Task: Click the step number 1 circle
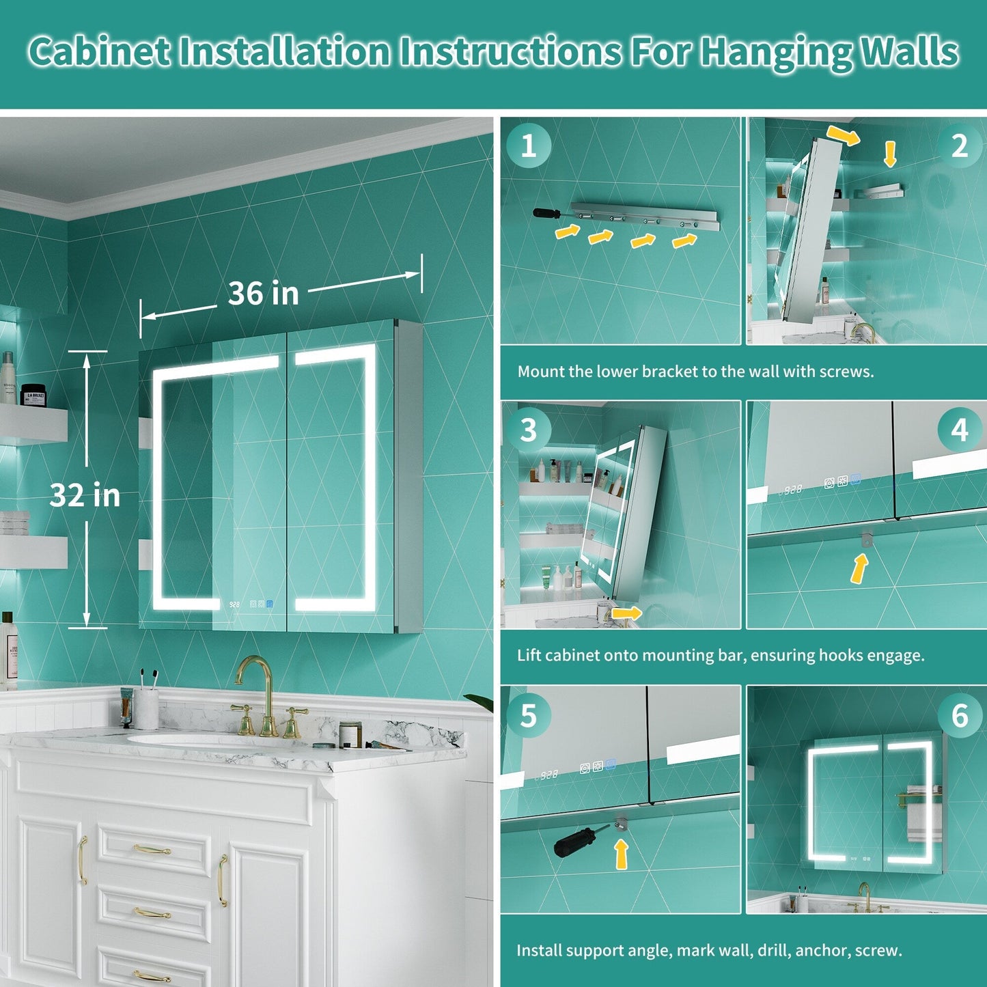(x=529, y=146)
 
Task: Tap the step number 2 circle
(x=960, y=146)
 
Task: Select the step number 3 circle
(x=529, y=430)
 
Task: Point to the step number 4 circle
(x=960, y=430)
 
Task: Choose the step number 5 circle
(x=529, y=715)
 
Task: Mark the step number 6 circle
(x=960, y=715)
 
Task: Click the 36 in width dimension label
(x=263, y=294)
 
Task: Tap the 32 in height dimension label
(x=85, y=495)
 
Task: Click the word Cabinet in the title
(x=100, y=52)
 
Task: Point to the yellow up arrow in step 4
(x=860, y=568)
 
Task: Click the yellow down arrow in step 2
(x=890, y=154)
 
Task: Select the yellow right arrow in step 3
(x=626, y=613)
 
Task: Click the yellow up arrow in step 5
(x=621, y=854)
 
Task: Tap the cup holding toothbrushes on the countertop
(x=146, y=708)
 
